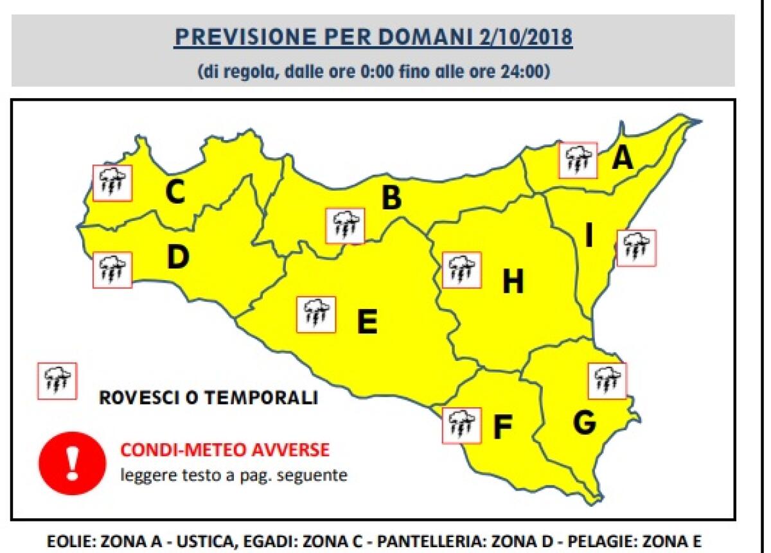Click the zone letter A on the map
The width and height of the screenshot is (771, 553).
click(x=621, y=158)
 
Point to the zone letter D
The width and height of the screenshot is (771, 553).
click(x=178, y=258)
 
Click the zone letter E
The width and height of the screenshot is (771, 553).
click(x=367, y=322)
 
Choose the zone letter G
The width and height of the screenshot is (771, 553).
click(x=583, y=423)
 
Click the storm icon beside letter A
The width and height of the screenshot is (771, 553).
click(x=578, y=160)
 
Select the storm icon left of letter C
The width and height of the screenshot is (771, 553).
click(x=112, y=183)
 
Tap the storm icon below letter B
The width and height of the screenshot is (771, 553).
click(x=345, y=225)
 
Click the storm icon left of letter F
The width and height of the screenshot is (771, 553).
click(x=461, y=425)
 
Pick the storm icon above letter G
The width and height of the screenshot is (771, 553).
click(x=607, y=381)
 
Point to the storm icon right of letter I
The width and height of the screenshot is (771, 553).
click(x=636, y=248)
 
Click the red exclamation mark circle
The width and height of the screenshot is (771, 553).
click(x=72, y=463)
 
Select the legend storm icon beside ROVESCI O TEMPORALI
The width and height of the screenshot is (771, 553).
click(x=57, y=381)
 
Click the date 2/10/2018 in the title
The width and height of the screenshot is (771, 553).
click(x=525, y=38)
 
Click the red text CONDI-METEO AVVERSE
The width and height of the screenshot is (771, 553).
click(x=225, y=450)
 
